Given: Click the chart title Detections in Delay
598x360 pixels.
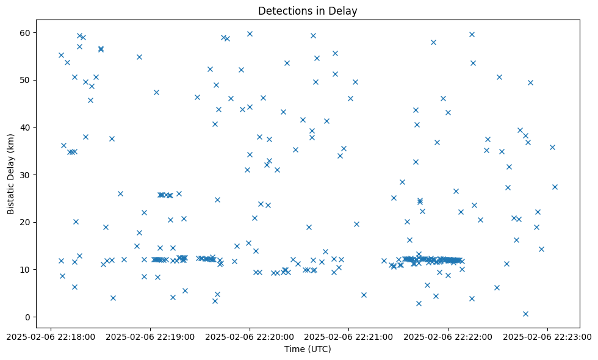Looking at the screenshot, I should [308, 10].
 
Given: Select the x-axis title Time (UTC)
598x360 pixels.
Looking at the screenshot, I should [308, 349].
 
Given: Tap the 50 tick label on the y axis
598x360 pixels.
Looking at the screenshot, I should [27, 80].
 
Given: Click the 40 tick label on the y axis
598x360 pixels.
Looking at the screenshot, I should [27, 127].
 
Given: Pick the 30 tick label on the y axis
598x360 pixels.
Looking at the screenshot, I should [27, 175].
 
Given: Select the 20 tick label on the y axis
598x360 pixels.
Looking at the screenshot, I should [27, 222].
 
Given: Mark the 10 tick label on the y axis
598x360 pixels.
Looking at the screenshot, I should [27, 269].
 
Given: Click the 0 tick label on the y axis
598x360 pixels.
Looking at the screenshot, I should [29, 317].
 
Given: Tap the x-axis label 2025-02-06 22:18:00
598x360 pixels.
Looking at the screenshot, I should [51, 336].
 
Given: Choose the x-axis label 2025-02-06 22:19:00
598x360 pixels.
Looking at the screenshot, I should [151, 336].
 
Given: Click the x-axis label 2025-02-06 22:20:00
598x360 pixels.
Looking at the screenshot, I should [250, 336].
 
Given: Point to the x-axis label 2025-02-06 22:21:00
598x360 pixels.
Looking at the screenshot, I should [349, 336].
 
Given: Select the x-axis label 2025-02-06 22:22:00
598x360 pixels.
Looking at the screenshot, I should [448, 336].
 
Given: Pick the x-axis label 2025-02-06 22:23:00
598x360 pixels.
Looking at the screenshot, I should [547, 336].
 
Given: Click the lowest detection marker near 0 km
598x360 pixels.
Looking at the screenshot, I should [525, 314].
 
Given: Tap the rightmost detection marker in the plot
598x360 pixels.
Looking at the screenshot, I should [555, 187].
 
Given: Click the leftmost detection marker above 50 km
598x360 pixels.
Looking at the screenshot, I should [61, 55].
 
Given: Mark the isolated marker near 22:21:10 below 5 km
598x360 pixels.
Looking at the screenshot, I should [364, 295].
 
